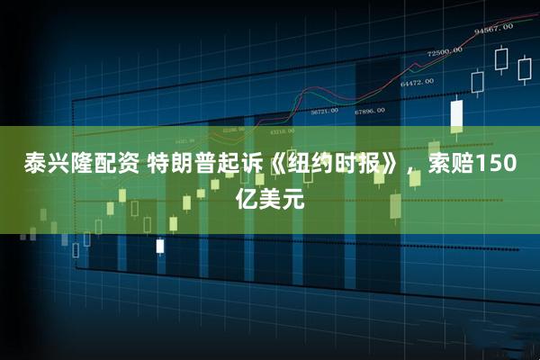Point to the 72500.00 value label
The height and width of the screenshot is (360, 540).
point(445,51)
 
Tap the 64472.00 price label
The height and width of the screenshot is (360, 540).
point(416,83)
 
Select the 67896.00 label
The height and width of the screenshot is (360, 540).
point(369,111)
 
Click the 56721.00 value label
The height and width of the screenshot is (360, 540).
point(324,112)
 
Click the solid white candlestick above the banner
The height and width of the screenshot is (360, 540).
point(456,114)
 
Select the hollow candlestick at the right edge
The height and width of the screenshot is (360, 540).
point(525,71)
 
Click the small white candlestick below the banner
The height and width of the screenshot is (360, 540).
point(160,245)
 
